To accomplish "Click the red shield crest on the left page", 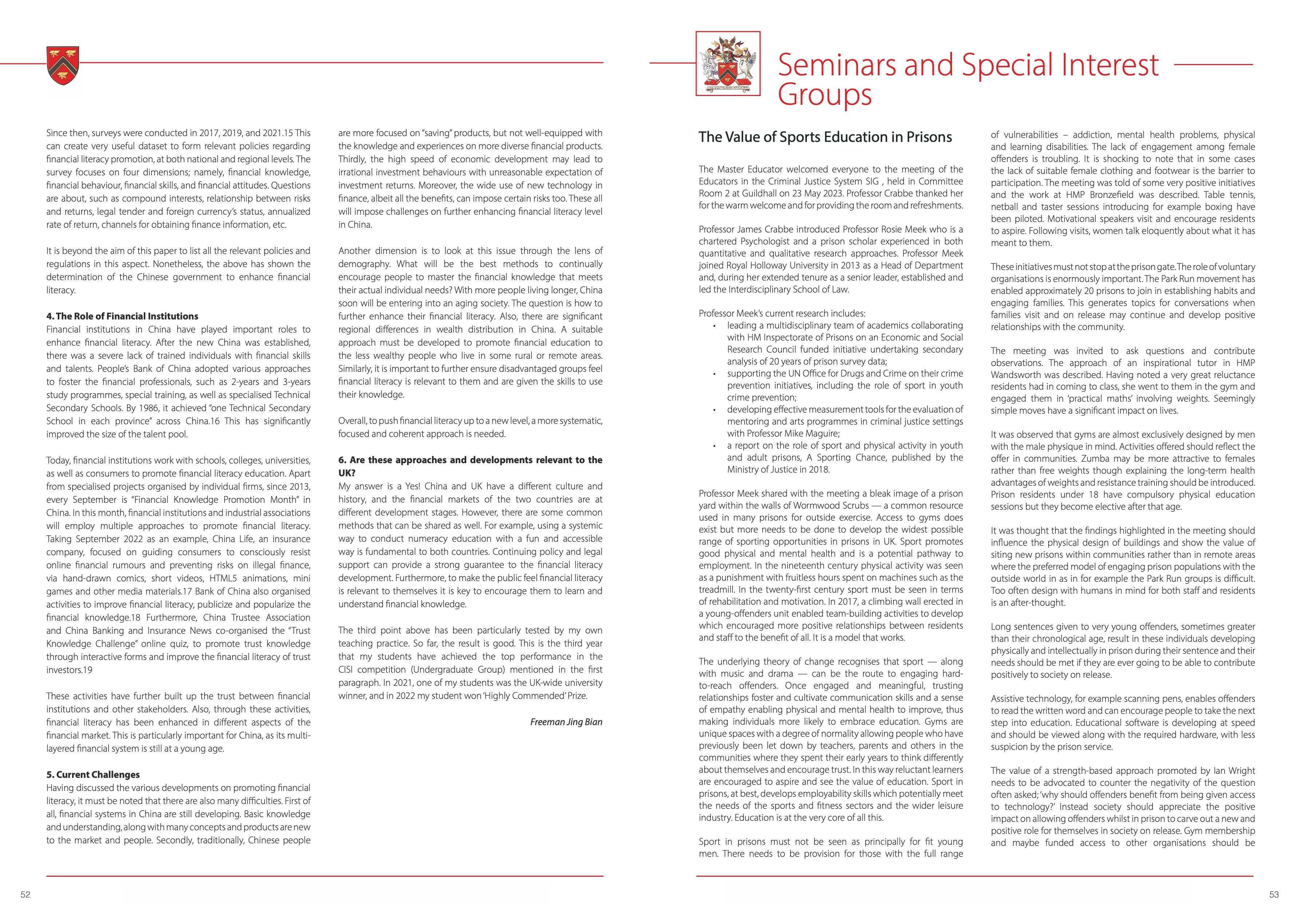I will pyautogui.click(x=63, y=65).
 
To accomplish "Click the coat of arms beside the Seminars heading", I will pyautogui.click(x=728, y=64).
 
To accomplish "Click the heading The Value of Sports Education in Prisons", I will pyautogui.click(x=825, y=137).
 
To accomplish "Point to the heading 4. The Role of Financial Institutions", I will pyautogui.click(x=122, y=316).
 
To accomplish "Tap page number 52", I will pyautogui.click(x=25, y=895).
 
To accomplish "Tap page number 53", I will pyautogui.click(x=1273, y=895).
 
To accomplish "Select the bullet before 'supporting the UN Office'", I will pyautogui.click(x=714, y=374).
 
